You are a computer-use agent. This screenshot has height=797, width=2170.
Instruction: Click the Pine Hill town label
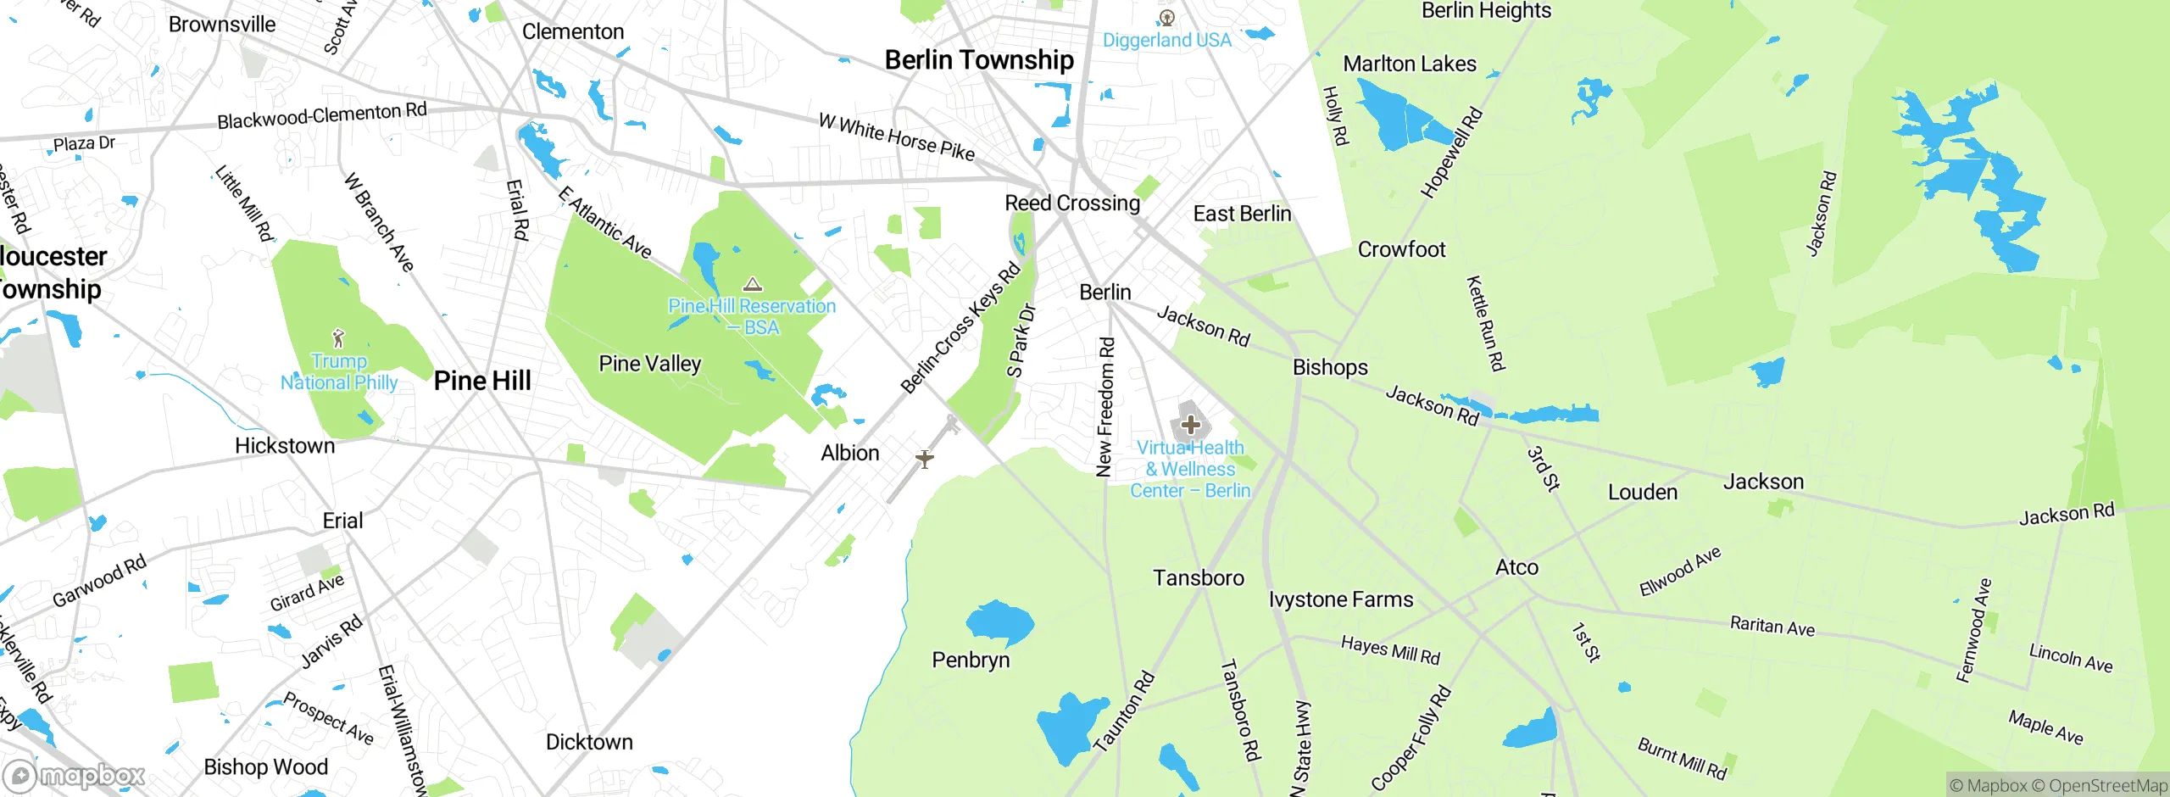[x=482, y=381]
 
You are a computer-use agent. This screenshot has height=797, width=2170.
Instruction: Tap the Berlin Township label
[x=979, y=60]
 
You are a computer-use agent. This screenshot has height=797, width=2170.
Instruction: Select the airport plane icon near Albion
[x=925, y=459]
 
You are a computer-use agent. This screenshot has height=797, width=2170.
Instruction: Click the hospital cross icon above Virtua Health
[x=1190, y=424]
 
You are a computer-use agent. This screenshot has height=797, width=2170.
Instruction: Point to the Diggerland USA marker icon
[x=1167, y=18]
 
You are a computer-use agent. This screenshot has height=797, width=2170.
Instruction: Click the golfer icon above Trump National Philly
[x=338, y=338]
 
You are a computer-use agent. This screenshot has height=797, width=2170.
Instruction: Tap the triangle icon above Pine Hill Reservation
[x=753, y=284]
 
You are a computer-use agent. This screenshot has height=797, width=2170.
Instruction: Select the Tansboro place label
[x=1198, y=578]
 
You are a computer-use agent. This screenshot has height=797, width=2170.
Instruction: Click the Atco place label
[x=1516, y=567]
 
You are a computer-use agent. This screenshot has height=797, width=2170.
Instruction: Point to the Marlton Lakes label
[x=1409, y=64]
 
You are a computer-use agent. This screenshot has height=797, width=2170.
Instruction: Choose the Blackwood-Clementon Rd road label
[x=321, y=115]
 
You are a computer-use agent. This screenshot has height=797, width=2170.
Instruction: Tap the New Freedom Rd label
[x=1105, y=407]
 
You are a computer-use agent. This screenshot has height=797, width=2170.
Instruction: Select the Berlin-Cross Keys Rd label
[x=960, y=329]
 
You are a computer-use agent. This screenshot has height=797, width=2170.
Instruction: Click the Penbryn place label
[x=971, y=660]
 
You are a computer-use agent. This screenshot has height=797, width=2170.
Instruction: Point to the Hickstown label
[x=285, y=446]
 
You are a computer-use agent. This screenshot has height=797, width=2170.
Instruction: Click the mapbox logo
[x=75, y=775]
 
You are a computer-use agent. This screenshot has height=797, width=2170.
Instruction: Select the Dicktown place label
[x=589, y=742]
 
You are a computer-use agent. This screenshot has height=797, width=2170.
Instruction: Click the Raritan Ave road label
[x=1772, y=627]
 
